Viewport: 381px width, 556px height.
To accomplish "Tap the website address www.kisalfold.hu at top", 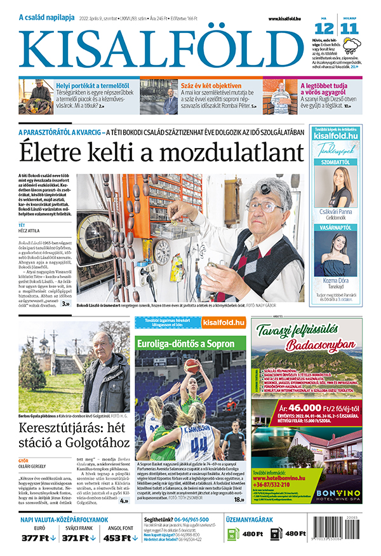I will pos(290,20).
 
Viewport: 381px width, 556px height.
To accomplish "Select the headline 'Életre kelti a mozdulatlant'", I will pos(161,153).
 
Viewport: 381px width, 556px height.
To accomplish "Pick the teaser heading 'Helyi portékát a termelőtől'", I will pos(91,85).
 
